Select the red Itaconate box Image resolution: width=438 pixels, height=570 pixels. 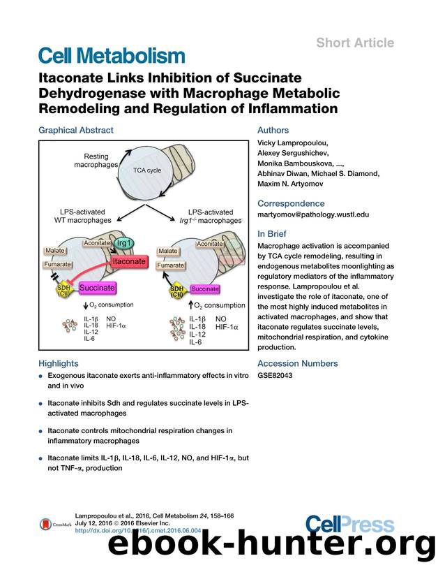point(128,261)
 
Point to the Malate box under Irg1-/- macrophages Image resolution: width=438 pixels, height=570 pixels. point(168,250)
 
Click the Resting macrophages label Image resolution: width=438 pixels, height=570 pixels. point(96,160)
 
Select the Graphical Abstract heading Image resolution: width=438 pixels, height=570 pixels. point(75,130)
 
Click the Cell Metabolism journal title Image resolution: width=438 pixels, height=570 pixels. point(112,56)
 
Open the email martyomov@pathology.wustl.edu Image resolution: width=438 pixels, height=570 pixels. point(313,215)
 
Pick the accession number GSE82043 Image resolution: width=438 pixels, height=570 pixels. point(274,375)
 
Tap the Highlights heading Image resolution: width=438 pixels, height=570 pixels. point(59,363)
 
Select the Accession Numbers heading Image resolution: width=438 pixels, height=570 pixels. point(298,363)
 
